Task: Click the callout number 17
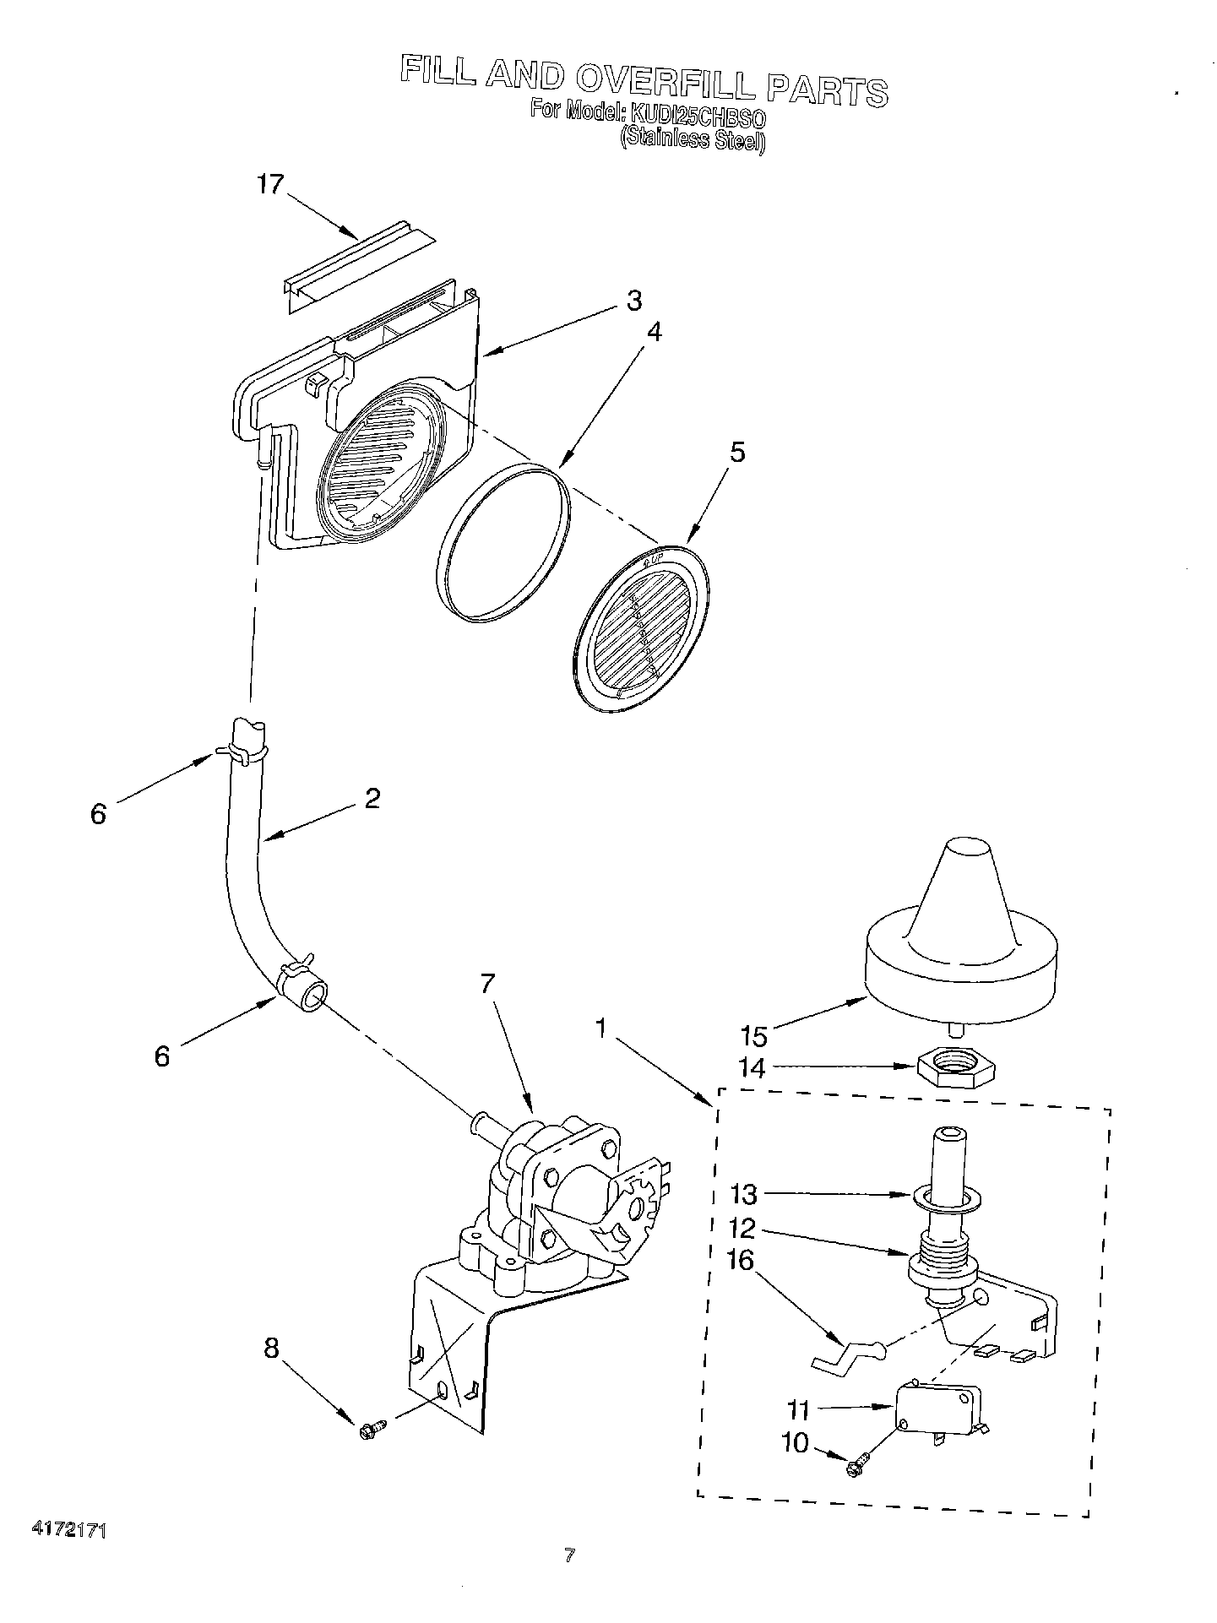[271, 185]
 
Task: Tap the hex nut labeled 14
[954, 1068]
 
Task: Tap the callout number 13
[743, 1195]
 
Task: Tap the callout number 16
[740, 1261]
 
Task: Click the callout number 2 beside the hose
[372, 798]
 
